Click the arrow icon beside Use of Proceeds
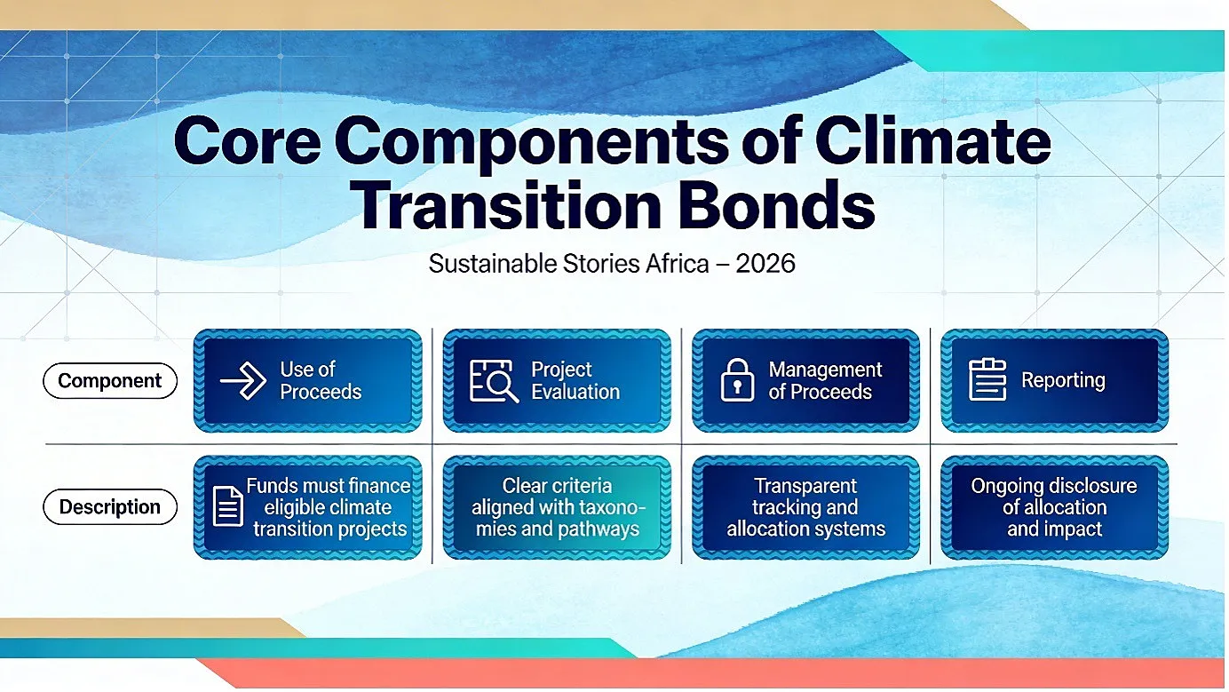(243, 380)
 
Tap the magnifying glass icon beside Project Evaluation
(494, 381)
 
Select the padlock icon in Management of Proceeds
(737, 379)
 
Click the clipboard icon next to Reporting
(987, 379)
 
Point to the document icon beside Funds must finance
(227, 506)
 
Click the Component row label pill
(110, 380)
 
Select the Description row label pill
(110, 506)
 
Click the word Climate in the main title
(932, 140)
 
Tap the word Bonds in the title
(776, 204)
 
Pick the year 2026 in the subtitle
(765, 264)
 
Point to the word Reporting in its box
(1063, 380)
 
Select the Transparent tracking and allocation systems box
(805, 507)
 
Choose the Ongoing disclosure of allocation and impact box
(1054, 507)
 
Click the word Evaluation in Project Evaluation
(575, 392)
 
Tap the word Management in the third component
(825, 370)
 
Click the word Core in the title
(248, 140)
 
